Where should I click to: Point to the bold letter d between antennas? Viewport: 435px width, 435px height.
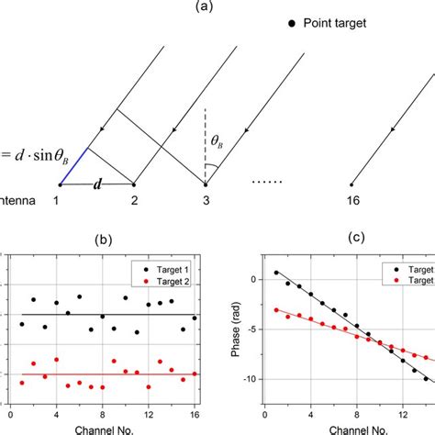pos(95,184)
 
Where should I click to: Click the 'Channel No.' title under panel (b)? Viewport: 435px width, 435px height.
pos(103,427)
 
